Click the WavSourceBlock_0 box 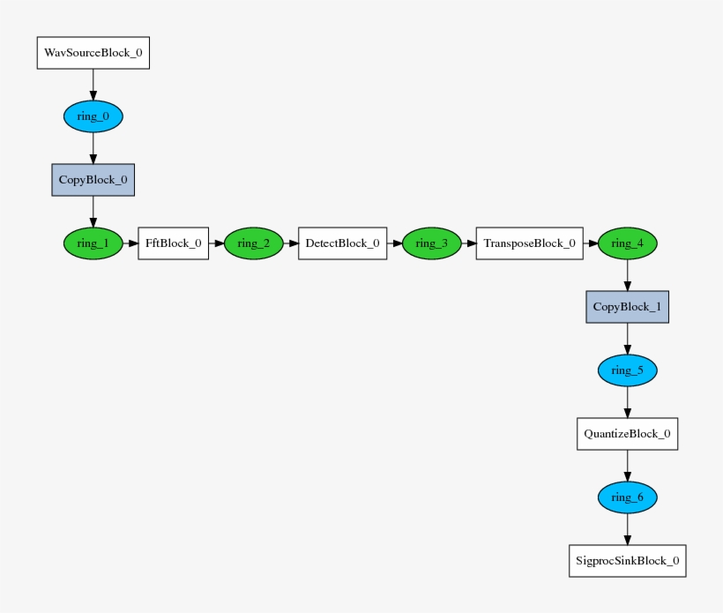click(93, 53)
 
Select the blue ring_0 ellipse click(93, 116)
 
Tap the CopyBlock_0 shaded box click(93, 179)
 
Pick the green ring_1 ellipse click(93, 243)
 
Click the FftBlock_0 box click(173, 243)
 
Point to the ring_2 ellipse click(253, 243)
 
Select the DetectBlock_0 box click(342, 243)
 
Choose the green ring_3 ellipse click(432, 243)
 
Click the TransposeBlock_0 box click(529, 243)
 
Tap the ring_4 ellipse click(627, 243)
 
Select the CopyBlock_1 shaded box click(627, 307)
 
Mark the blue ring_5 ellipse click(627, 370)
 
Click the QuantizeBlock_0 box click(627, 434)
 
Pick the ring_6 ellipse click(627, 497)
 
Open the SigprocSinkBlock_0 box click(627, 561)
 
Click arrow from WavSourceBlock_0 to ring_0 click(93, 85)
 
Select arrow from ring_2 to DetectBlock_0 click(291, 243)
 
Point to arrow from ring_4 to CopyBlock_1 click(627, 275)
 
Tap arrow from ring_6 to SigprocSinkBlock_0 click(627, 529)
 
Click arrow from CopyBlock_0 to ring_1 click(93, 212)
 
